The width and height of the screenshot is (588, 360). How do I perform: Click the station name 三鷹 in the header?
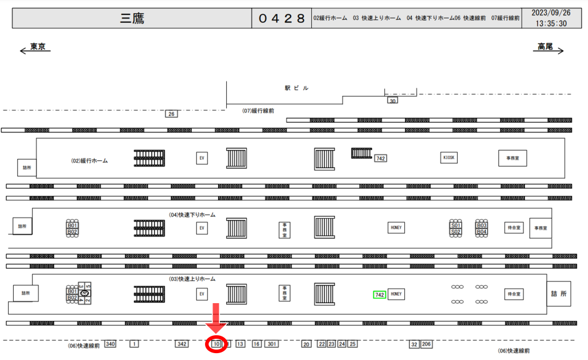[x=132, y=18]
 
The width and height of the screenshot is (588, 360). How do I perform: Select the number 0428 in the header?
[x=281, y=18]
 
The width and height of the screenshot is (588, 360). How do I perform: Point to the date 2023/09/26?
[x=551, y=13]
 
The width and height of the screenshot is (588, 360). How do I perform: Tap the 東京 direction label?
[x=38, y=47]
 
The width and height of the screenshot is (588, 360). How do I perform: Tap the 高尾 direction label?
[x=545, y=47]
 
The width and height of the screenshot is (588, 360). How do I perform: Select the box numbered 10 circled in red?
[x=216, y=344]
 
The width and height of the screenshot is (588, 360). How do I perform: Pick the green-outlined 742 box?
[x=379, y=295]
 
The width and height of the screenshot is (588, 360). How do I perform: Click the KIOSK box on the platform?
[x=450, y=157]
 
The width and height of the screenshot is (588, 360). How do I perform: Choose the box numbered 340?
[x=110, y=344]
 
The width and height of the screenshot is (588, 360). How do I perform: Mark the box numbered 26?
[x=171, y=114]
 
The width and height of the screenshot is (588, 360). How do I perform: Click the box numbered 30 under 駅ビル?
[x=393, y=100]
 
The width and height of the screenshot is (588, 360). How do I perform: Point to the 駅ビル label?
[x=296, y=88]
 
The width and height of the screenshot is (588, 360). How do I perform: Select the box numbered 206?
[x=426, y=344]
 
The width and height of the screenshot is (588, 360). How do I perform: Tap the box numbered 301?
[x=272, y=344]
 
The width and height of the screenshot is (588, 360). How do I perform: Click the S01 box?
[x=456, y=226]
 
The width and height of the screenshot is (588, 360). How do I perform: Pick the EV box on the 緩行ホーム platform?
[x=202, y=158]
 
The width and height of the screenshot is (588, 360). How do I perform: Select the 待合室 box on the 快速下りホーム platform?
[x=513, y=227]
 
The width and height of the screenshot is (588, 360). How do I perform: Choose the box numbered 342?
[x=182, y=344]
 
